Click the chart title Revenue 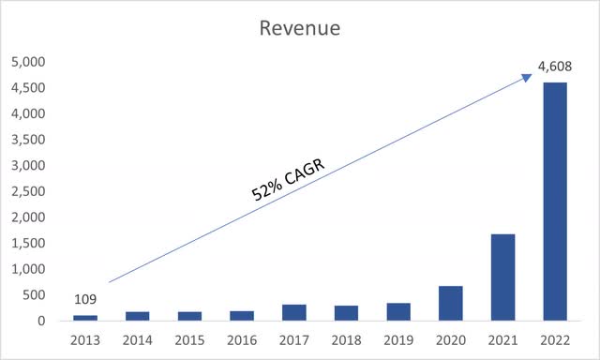pos(300,28)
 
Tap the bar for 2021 pos(502,277)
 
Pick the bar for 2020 pos(451,303)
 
